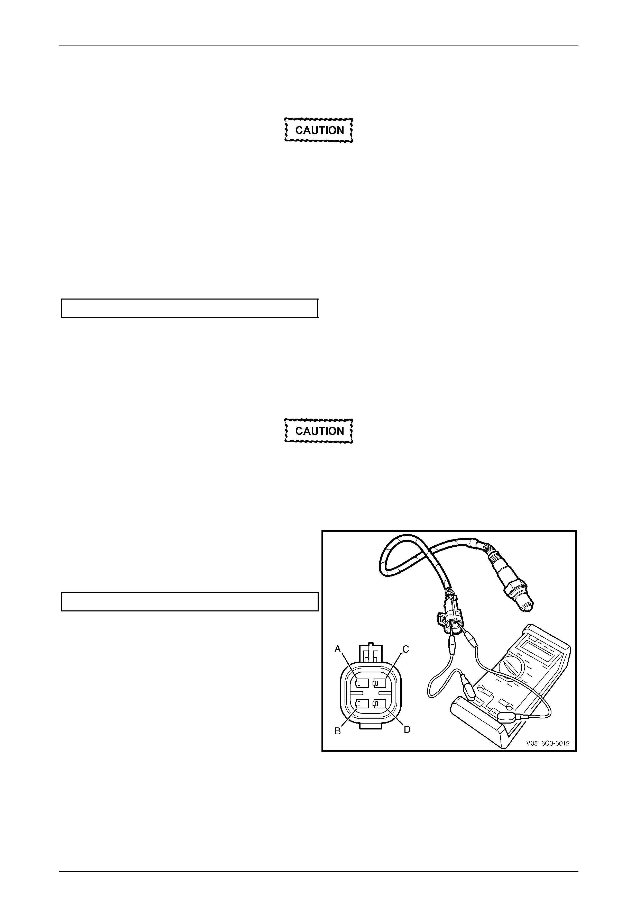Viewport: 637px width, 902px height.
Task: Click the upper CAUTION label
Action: tap(319, 130)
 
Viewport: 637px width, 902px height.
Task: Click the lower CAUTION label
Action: tap(319, 431)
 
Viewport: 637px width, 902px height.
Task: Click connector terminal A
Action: tap(362, 684)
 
